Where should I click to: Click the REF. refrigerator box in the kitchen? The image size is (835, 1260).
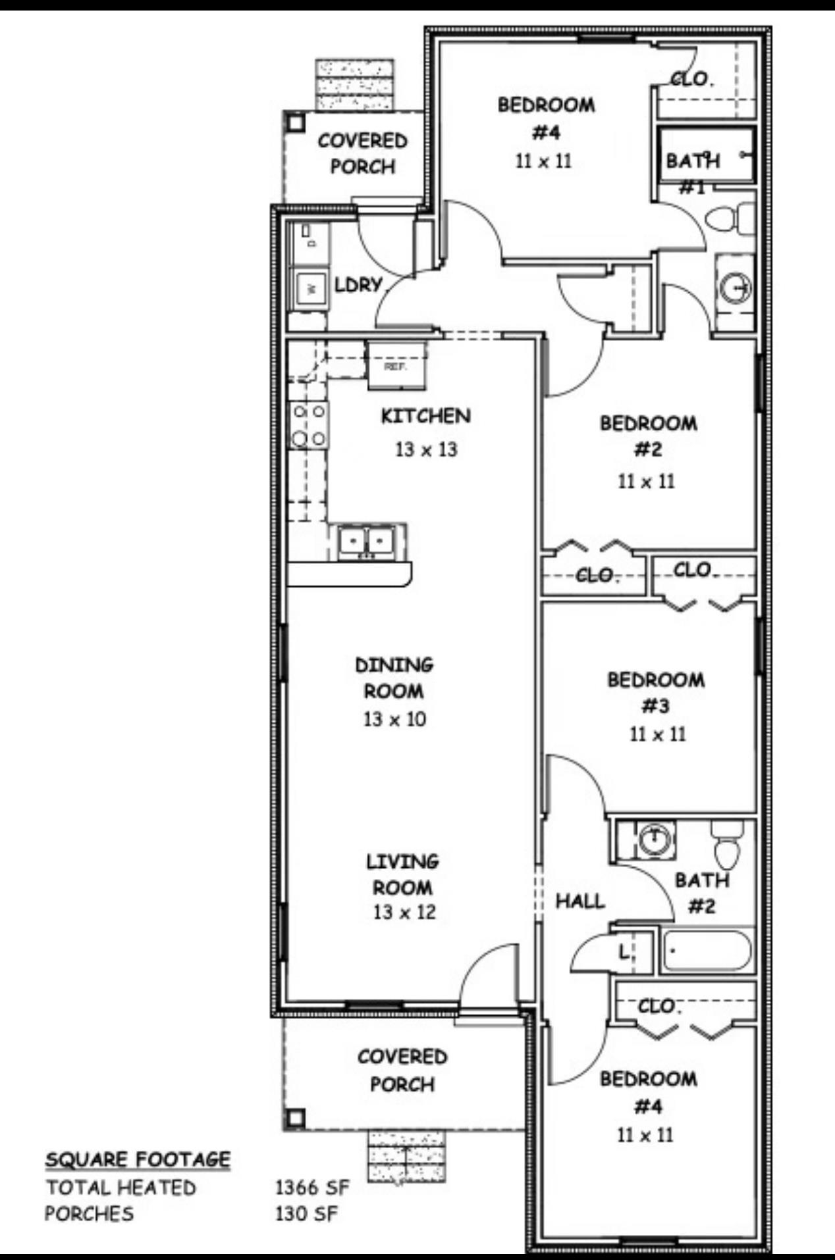point(396,366)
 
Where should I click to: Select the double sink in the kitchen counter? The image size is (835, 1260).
point(366,542)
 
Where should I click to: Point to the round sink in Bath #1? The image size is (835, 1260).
point(735,288)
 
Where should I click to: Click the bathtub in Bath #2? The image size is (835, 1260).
point(707,951)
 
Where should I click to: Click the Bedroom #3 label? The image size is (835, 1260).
point(656,692)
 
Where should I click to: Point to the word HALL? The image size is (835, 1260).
point(580,901)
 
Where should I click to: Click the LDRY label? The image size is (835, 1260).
point(358,285)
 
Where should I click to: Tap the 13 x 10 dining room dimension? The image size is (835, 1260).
point(394,719)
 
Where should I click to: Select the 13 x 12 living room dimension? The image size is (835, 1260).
point(404,912)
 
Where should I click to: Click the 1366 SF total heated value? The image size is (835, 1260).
point(312,1188)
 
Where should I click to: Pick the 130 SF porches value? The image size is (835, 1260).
point(306,1213)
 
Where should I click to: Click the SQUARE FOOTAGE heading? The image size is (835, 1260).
point(138,1159)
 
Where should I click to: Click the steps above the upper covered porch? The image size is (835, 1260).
point(354,85)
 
